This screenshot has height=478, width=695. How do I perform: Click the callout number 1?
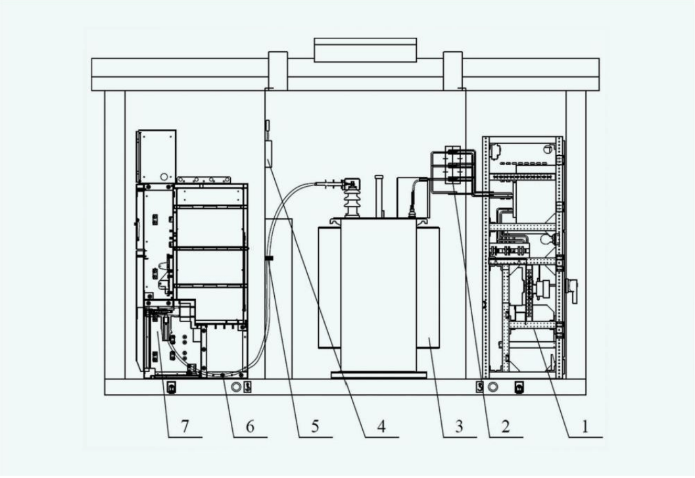[585, 427]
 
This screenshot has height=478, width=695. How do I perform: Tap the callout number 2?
[505, 427]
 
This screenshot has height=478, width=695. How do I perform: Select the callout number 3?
[459, 427]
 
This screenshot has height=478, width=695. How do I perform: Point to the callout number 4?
[381, 427]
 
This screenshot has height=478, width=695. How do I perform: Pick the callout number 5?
[315, 427]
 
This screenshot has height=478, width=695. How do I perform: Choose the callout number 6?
[250, 427]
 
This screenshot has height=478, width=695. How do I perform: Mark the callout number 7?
[185, 427]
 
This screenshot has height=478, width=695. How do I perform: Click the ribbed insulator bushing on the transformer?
[352, 203]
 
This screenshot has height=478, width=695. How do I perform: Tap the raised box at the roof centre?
[365, 50]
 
